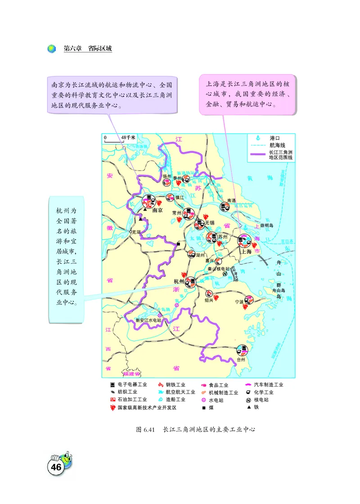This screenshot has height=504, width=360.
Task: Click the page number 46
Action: pyautogui.click(x=56, y=467)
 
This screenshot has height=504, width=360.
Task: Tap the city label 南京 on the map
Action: pyautogui.click(x=157, y=210)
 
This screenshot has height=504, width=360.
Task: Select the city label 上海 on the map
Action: pyautogui.click(x=246, y=252)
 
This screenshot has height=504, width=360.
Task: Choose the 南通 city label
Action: pyautogui.click(x=231, y=200)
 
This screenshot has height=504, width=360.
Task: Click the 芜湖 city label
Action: pyautogui.click(x=135, y=232)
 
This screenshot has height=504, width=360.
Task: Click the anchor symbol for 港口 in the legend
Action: pyautogui.click(x=258, y=138)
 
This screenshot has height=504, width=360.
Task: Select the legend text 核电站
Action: pyautogui.click(x=261, y=400)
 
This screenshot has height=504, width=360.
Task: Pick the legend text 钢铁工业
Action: pyautogui.click(x=175, y=385)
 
